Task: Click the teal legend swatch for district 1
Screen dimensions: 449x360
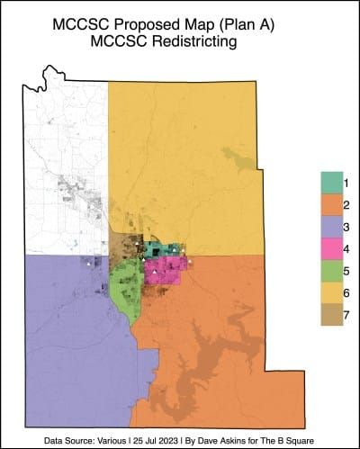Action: click(x=330, y=183)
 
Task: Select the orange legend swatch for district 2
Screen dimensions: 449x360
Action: click(x=330, y=205)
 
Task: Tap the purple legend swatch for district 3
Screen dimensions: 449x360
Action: click(x=330, y=228)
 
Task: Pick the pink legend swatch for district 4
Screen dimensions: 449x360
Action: click(x=330, y=249)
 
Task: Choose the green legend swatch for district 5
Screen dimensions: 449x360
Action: click(x=330, y=271)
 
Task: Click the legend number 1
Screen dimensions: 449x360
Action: click(x=346, y=183)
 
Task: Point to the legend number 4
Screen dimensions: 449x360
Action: click(x=346, y=249)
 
